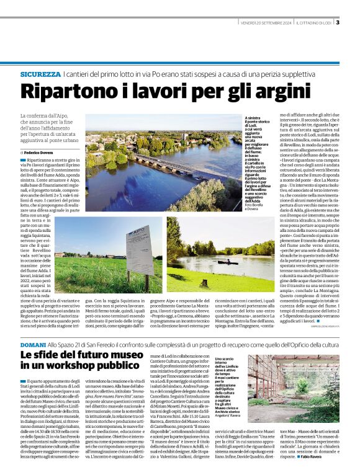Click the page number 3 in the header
(x=338, y=23)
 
